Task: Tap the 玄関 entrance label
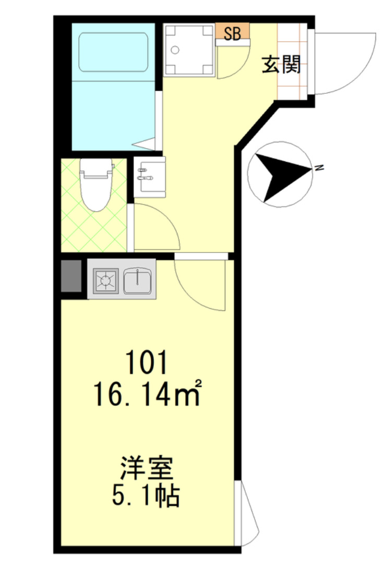(281, 65)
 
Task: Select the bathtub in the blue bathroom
(113, 52)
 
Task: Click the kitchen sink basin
(138, 281)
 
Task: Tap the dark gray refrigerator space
(71, 276)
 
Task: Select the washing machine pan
(189, 50)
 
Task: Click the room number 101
(147, 362)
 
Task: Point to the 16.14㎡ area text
(147, 393)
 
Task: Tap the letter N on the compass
(318, 167)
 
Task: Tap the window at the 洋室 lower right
(247, 513)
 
